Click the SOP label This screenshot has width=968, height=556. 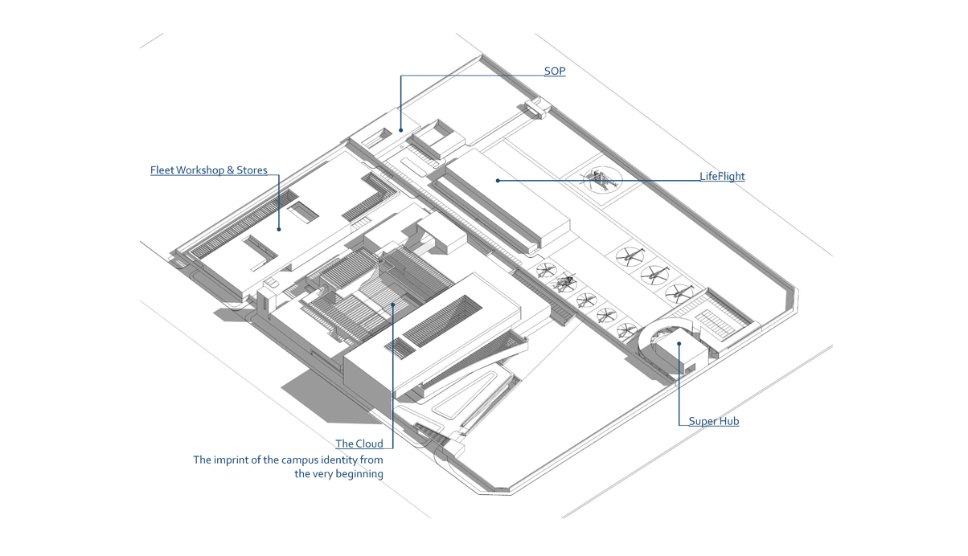click(x=555, y=72)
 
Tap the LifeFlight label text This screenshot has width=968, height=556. click(x=722, y=176)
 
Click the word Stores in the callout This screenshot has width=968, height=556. click(x=252, y=170)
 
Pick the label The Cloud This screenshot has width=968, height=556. click(x=359, y=444)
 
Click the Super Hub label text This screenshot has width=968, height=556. click(x=714, y=421)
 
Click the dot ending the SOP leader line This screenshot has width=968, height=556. click(x=400, y=129)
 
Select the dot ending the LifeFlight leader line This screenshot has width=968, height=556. click(x=498, y=181)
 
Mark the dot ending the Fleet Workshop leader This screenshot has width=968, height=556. click(x=279, y=229)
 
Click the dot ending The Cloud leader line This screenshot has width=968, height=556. click(x=393, y=304)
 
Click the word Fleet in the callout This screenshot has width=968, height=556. click(x=162, y=170)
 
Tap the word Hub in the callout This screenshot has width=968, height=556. click(x=729, y=421)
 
